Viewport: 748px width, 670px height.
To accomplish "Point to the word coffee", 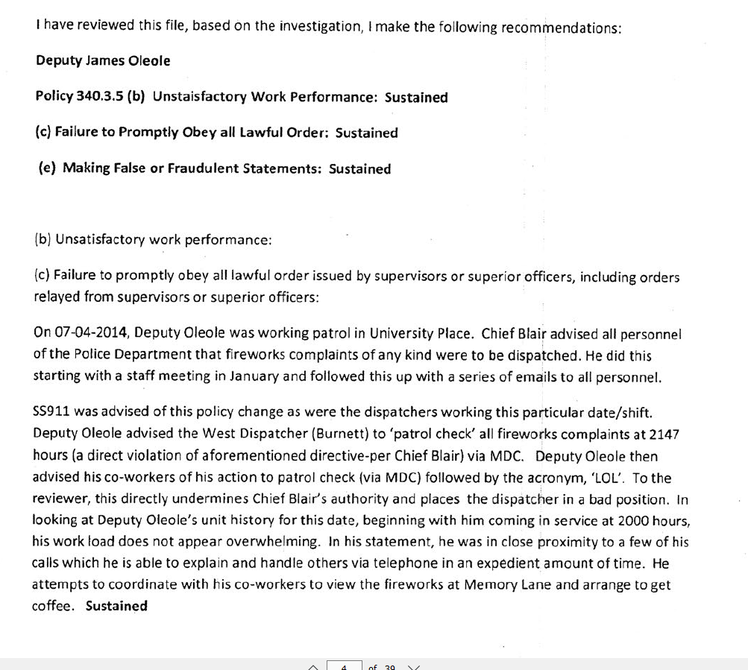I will (52, 606).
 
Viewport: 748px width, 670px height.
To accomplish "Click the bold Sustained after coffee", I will (116, 606).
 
